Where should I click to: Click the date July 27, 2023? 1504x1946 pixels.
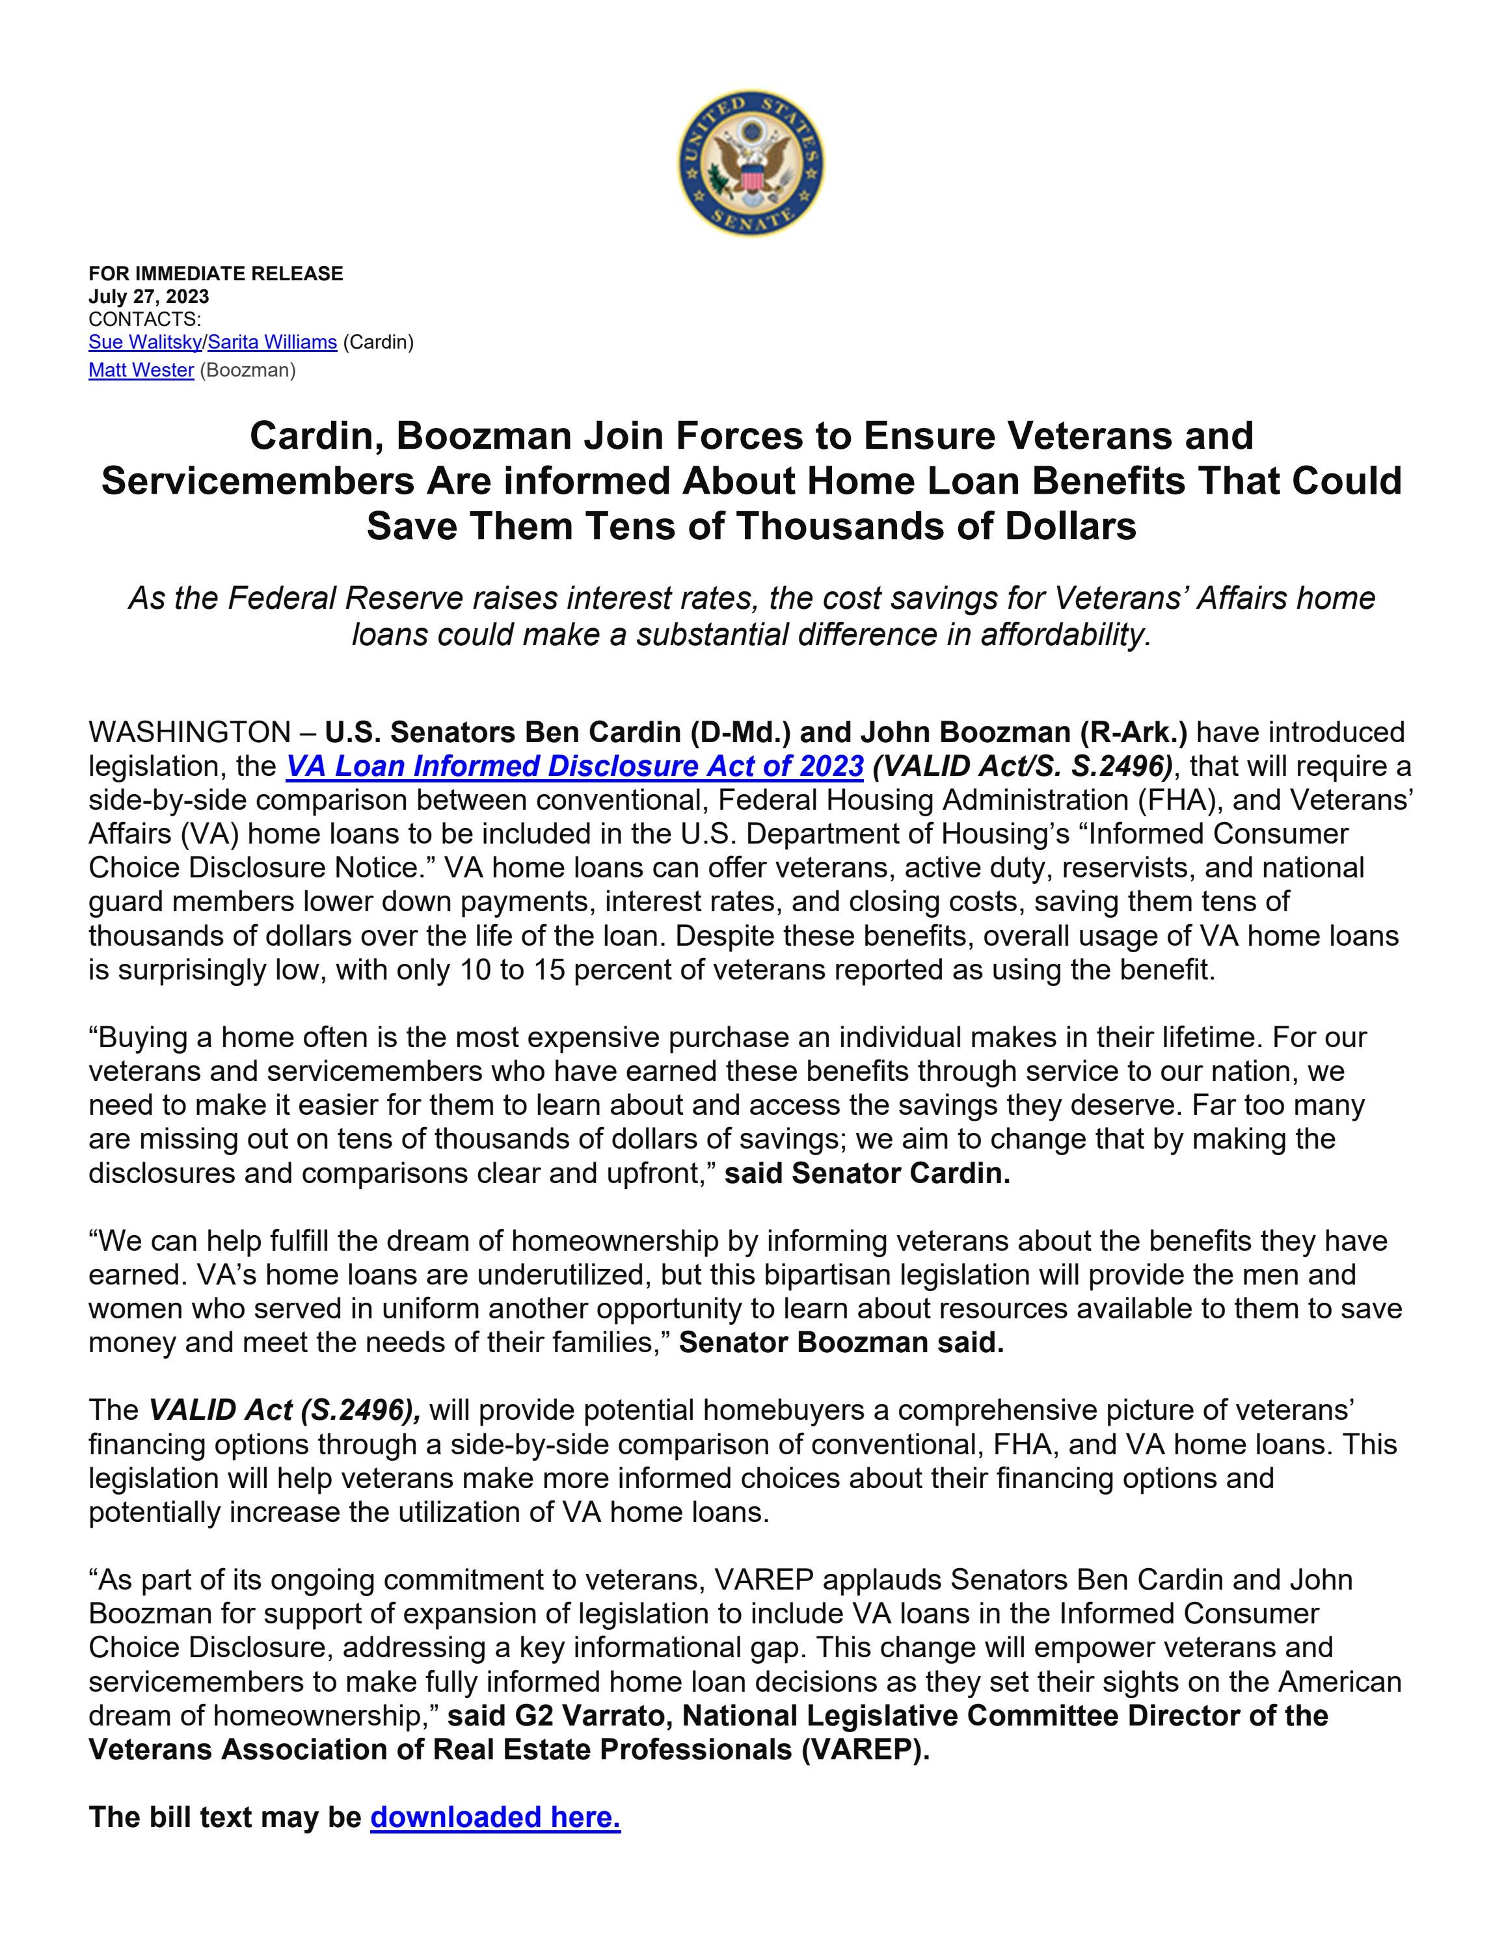(x=149, y=297)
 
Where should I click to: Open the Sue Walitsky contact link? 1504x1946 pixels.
(x=145, y=342)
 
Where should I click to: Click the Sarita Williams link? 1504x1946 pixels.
(x=273, y=342)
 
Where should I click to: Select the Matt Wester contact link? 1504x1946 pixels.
(x=141, y=371)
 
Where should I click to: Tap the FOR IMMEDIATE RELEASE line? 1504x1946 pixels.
(x=215, y=274)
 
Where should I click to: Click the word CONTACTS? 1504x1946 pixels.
(x=144, y=319)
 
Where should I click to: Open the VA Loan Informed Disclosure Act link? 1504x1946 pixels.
(x=574, y=766)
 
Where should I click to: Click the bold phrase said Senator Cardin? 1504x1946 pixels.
(x=867, y=1173)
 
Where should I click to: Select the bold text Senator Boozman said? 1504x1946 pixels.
(x=841, y=1343)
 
